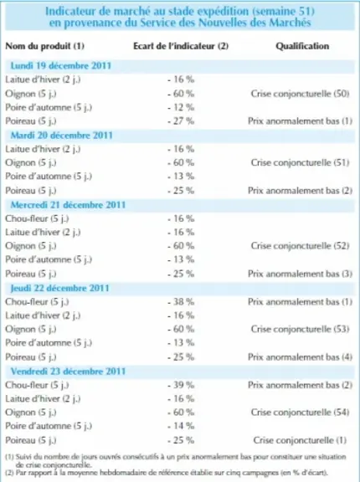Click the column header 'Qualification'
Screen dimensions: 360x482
pos(302,46)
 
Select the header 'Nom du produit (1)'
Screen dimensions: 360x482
pos(45,46)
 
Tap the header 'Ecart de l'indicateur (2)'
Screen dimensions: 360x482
pos(181,46)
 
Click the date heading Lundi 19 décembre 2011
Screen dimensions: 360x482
pos(61,66)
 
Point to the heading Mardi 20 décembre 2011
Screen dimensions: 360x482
pos(61,136)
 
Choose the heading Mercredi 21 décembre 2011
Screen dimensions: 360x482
pos(68,205)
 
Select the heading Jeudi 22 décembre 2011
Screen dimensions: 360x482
pos(60,288)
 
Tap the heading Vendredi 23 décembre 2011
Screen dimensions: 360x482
pos(68,372)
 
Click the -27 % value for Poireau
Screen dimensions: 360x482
pos(181,121)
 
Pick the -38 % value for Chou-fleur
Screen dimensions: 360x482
pos(181,302)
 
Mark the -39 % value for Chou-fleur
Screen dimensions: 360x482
pos(181,385)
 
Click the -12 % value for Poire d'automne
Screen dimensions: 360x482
pos(181,107)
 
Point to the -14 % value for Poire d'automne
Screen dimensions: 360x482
pos(181,426)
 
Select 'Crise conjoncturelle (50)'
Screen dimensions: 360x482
pos(300,94)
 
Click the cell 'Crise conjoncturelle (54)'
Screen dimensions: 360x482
pos(300,413)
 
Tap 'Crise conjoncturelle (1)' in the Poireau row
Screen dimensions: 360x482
pos(300,440)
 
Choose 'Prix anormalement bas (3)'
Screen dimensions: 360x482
pos(300,274)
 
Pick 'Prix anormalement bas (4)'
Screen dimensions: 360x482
pos(300,356)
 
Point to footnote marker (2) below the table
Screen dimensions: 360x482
pos(9,472)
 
